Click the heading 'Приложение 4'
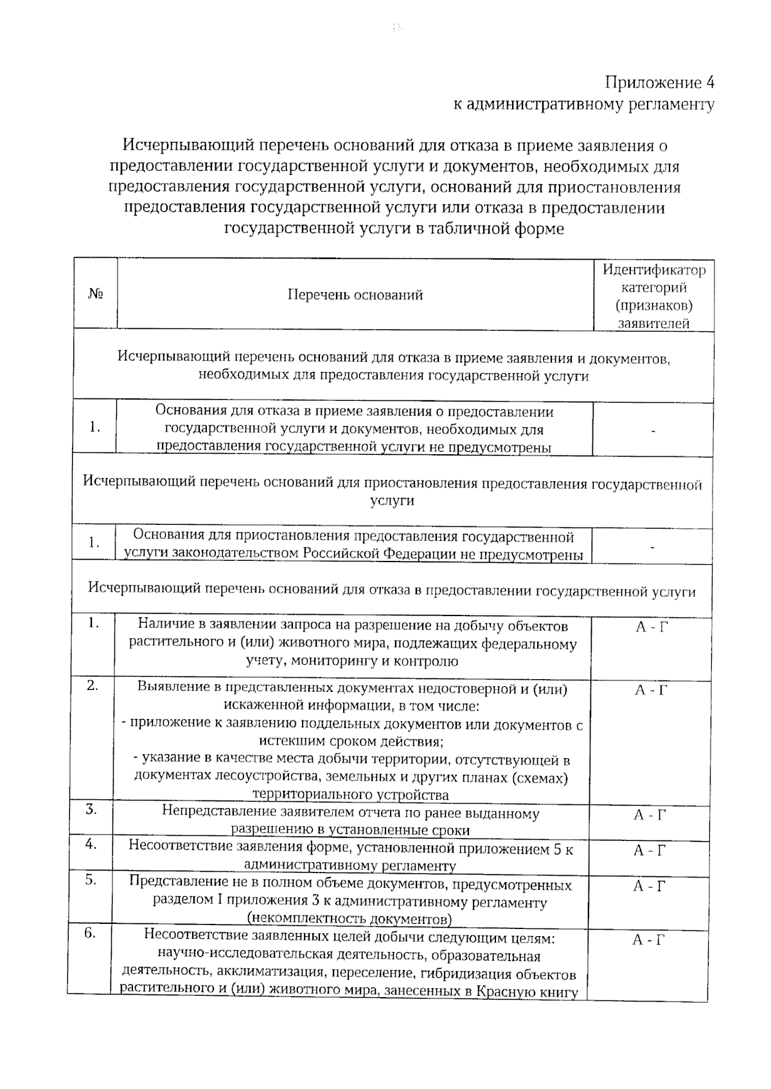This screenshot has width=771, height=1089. coord(660,83)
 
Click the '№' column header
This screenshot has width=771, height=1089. coord(96,294)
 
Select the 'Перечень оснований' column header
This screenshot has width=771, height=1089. coord(355,295)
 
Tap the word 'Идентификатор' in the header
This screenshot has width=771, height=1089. coord(653,270)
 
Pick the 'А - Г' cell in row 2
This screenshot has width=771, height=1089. coord(651,691)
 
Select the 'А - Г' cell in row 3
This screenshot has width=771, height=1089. coord(650,815)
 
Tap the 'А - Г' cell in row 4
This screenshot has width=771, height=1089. coord(650,851)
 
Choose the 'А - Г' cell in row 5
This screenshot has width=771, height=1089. coord(649,887)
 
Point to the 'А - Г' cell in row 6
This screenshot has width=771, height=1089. coord(648,940)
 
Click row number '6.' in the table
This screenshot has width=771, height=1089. coord(90,934)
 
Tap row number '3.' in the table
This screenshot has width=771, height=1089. coord(91,810)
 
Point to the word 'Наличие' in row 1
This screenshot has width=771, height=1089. coord(163,624)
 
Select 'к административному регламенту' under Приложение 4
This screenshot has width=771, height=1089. coord(584,104)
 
